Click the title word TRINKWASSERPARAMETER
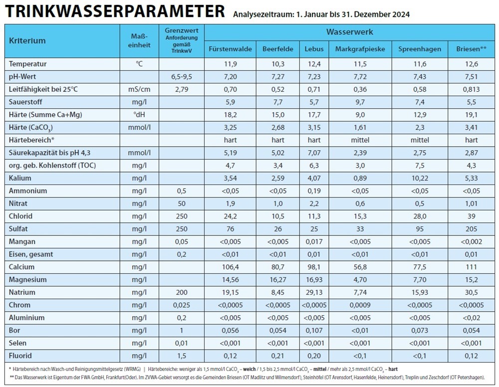[x=114, y=11]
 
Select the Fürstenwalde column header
[x=230, y=49]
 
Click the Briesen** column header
[x=471, y=49]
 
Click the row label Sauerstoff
[x=27, y=102]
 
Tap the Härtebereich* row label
[x=31, y=140]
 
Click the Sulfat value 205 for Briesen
[x=471, y=229]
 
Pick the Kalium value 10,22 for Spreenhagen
[x=419, y=178]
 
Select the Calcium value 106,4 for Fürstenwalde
[x=230, y=267]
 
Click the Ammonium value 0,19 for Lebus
[x=314, y=191]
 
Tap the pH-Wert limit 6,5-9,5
[x=182, y=76]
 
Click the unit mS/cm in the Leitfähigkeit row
[x=140, y=89]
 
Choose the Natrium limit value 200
[x=182, y=292]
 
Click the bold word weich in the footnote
[x=249, y=369]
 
